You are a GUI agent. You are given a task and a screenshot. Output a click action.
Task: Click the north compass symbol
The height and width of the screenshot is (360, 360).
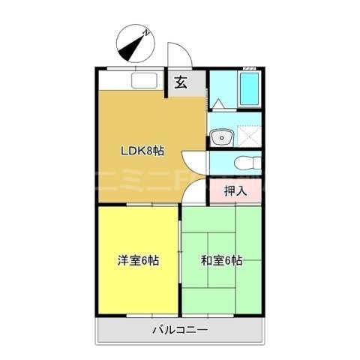[x=136, y=44]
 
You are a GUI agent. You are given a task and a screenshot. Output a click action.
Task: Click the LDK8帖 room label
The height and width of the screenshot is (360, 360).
[x=142, y=150]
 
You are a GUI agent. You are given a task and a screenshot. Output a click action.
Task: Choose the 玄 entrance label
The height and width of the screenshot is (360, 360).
[x=181, y=82]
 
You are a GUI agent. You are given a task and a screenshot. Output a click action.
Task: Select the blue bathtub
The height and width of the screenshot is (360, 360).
[x=248, y=91]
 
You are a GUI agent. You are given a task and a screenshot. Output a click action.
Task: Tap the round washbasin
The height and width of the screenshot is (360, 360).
[x=220, y=138]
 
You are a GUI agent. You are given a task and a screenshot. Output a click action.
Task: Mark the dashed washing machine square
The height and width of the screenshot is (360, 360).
[x=247, y=136]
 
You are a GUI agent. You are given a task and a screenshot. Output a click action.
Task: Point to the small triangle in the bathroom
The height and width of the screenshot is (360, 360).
[x=217, y=103]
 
